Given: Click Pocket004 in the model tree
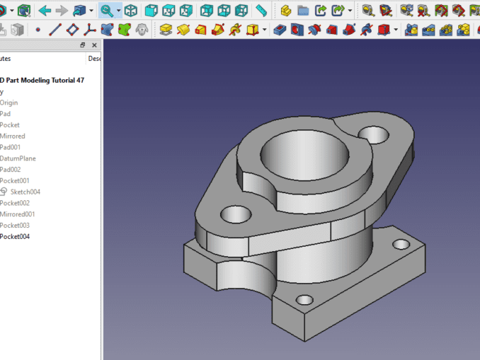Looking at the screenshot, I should (15, 236).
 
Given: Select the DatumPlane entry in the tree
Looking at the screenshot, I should (18, 158).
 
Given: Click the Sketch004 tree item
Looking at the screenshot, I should (25, 192).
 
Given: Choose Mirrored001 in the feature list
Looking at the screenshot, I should (18, 214).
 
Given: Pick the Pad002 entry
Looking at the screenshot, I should (11, 170).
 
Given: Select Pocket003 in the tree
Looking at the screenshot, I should (15, 226).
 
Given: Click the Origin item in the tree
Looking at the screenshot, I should (9, 103).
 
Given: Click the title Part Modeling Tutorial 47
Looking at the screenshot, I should (42, 80).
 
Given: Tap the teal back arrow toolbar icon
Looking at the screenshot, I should (45, 11).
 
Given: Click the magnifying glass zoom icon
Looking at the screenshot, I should (106, 11).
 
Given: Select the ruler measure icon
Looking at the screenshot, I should (261, 11).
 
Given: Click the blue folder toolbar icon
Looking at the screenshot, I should (303, 11).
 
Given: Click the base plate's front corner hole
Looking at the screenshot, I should (305, 299).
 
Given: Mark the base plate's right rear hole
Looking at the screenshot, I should (401, 245).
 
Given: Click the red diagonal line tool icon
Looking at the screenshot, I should (55, 30).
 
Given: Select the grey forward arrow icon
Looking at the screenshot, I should (62, 11).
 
